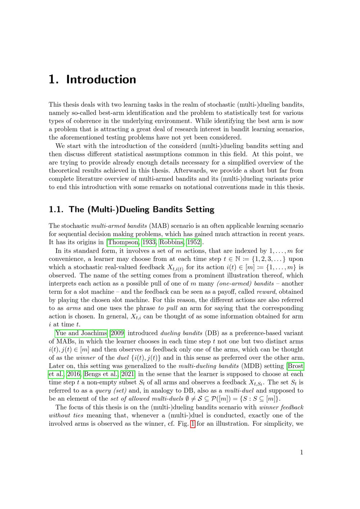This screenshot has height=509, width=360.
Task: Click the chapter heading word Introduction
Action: [x=101, y=80]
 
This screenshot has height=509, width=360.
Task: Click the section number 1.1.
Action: [x=56, y=210]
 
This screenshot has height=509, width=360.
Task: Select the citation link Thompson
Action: [x=123, y=242]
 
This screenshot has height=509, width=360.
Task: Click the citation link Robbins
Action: [x=171, y=242]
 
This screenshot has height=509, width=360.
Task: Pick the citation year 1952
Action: [x=193, y=242]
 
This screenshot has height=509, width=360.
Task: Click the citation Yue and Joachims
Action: [x=81, y=333]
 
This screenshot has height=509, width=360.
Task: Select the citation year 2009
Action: [x=117, y=333]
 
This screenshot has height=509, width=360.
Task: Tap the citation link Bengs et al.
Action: [x=100, y=374]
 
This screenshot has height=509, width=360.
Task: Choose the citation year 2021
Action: [x=128, y=374]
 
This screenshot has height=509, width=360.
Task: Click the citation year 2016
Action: [x=74, y=374]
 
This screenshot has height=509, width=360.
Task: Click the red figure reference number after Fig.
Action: [x=193, y=424]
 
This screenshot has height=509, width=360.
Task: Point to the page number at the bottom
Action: [x=302, y=452]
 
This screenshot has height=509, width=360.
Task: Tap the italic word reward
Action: [x=266, y=292]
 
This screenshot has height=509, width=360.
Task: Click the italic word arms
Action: [x=73, y=308]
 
